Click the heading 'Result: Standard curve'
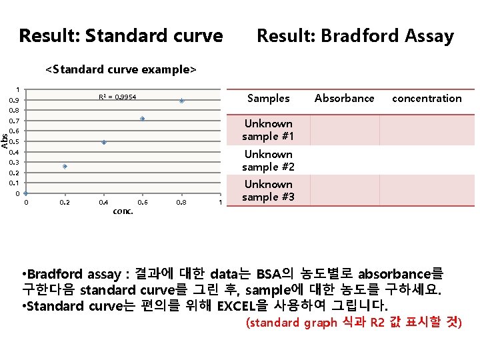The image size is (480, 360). [x=121, y=36]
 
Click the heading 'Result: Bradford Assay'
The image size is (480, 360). [x=355, y=36]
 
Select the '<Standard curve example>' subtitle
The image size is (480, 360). [x=121, y=69]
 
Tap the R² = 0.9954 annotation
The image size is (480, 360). [x=117, y=97]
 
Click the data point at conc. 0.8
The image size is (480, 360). [x=181, y=101]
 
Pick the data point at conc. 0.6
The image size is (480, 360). [x=143, y=119]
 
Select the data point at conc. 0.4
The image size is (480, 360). [x=104, y=143]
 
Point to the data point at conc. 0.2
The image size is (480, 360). [x=65, y=167]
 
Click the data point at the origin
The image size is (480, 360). [x=26, y=194]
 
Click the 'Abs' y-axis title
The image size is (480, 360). [x=5, y=141]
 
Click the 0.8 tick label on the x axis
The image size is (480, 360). [x=181, y=202]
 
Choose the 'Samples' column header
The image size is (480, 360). [x=269, y=98]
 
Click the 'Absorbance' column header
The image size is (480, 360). [x=345, y=98]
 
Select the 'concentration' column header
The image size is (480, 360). [x=427, y=98]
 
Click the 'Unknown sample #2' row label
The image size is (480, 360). [x=269, y=160]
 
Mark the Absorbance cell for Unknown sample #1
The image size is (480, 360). [x=345, y=130]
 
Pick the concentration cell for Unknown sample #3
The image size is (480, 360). [x=427, y=191]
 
